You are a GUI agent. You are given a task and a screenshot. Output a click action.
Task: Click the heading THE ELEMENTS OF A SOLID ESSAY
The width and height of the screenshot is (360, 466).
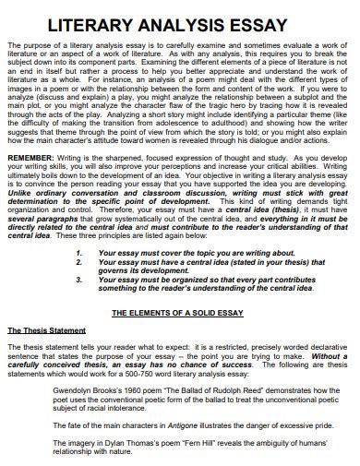tap(180, 313)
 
